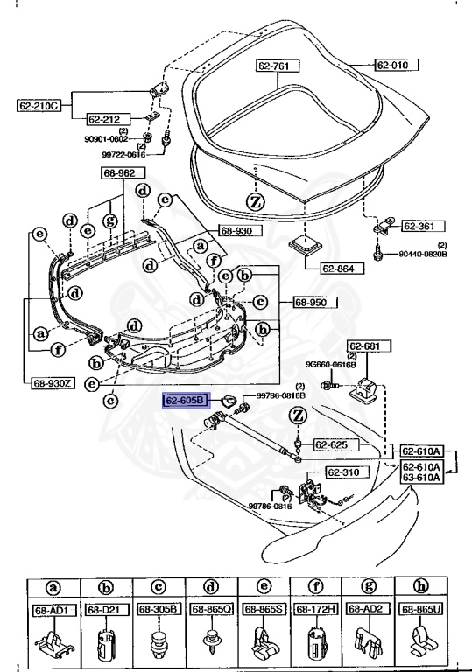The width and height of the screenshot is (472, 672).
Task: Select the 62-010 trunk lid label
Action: (x=398, y=65)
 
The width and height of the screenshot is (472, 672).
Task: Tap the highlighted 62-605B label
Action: (x=185, y=401)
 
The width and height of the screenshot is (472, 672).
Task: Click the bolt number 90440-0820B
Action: (x=425, y=255)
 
